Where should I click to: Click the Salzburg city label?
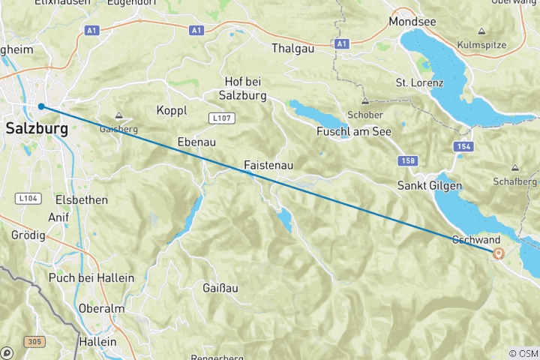tap(36, 128)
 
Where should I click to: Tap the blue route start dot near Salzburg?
tap(41, 106)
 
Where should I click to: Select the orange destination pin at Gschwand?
tap(499, 253)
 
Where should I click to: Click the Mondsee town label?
tap(412, 22)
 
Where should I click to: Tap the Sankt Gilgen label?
tap(429, 185)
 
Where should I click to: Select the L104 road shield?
tap(28, 198)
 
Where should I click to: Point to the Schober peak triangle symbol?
tap(365, 101)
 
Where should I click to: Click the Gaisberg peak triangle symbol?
tap(118, 115)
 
